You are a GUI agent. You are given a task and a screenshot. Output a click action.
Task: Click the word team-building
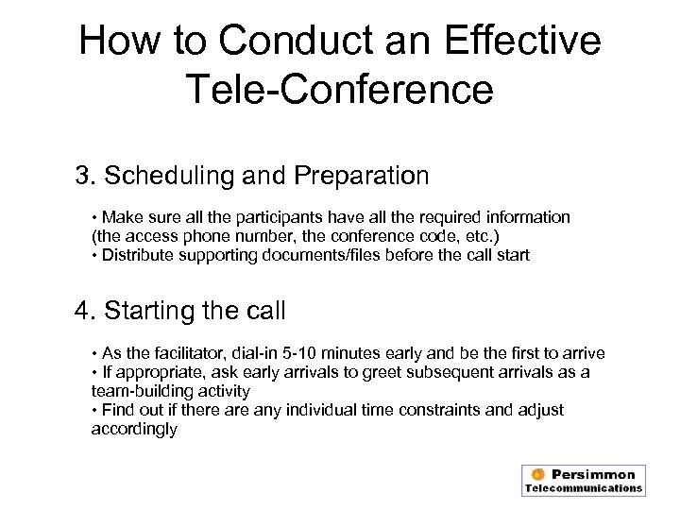[x=138, y=390]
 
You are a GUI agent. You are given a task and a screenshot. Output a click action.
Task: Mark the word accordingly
[x=133, y=428]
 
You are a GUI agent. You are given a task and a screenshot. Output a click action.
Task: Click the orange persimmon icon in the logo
[x=536, y=474]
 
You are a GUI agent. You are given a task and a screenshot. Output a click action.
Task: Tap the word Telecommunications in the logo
[x=583, y=488]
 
